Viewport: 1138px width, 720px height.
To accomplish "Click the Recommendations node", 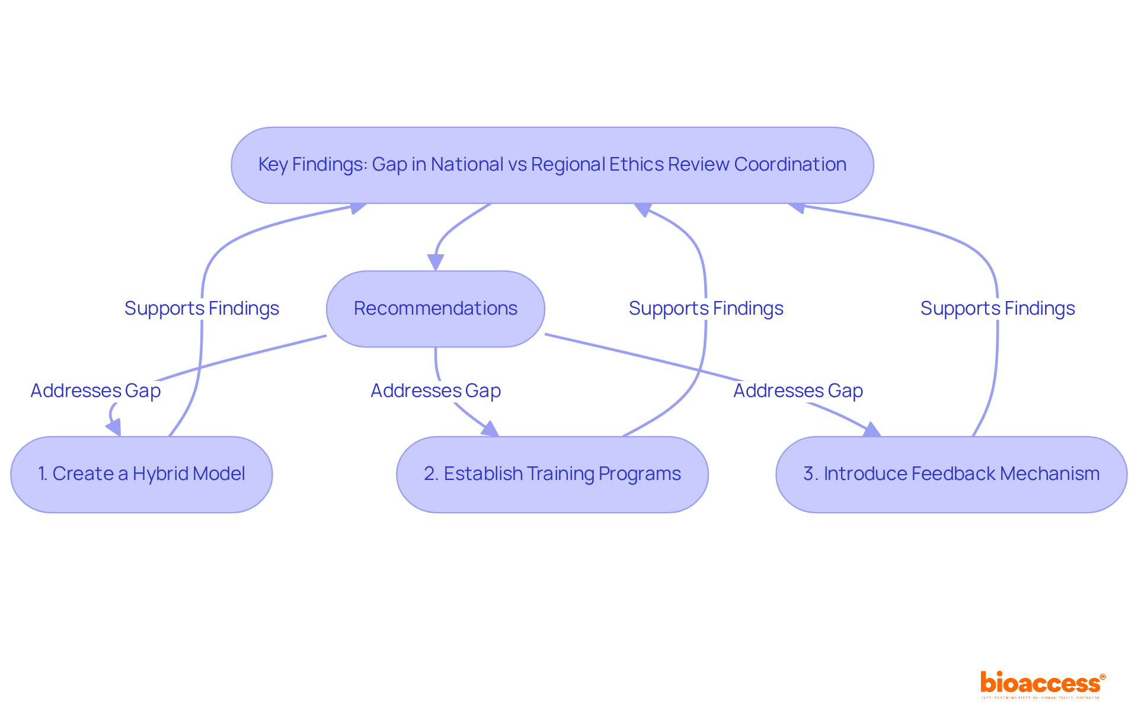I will coord(435,309).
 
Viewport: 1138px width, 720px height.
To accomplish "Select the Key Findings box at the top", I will coord(552,165).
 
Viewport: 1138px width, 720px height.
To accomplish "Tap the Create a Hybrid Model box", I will coord(141,474).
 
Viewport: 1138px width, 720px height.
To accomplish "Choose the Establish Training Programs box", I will coord(552,474).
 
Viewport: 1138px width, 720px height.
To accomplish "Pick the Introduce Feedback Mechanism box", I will coord(951,474).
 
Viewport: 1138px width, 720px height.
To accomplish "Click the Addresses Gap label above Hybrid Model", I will coord(95,391).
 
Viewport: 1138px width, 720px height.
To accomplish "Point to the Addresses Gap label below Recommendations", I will coord(436,391).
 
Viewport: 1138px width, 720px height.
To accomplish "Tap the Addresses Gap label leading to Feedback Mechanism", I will coord(798,391).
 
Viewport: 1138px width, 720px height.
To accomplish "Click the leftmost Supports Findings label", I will coord(202,308).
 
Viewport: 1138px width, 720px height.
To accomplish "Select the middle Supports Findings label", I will coord(706,308).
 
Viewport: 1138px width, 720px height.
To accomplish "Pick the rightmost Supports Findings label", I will coord(998,308).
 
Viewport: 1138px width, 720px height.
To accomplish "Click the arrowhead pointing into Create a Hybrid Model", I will coord(114,427).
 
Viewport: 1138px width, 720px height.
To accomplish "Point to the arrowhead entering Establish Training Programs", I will coord(490,429).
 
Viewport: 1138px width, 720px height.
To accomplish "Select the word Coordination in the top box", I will coord(790,164).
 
